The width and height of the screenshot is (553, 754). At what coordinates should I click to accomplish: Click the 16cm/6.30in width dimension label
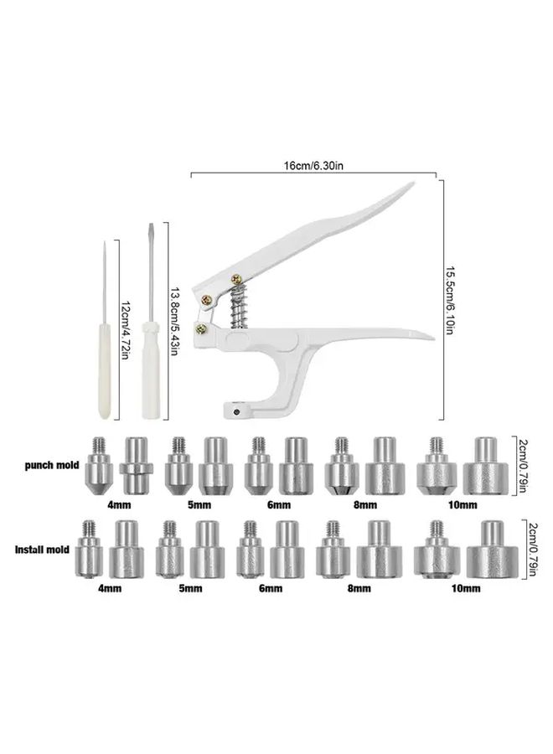coord(313,166)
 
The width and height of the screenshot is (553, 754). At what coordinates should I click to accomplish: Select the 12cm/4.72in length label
coord(125,329)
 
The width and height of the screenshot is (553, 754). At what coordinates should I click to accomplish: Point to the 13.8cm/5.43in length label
coord(174,322)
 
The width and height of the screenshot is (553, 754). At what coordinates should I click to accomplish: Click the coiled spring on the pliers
coord(238,307)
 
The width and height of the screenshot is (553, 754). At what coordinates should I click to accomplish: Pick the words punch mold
coord(51,466)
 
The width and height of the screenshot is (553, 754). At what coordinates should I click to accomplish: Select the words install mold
coord(43,549)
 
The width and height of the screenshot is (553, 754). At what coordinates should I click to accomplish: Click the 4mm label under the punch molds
coord(119,505)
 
